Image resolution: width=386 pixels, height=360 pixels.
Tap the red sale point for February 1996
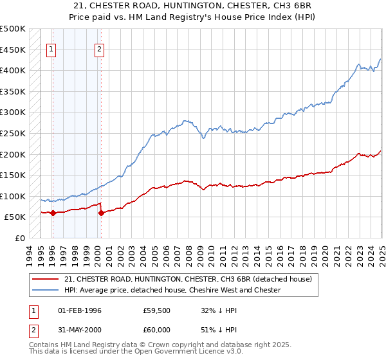52,213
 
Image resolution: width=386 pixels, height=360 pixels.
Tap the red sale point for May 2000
101,213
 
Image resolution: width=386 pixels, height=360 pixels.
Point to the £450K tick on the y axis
14,50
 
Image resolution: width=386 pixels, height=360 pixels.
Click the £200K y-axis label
14,154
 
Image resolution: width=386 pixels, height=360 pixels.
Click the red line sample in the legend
45,279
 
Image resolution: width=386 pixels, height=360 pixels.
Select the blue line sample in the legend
45,290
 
